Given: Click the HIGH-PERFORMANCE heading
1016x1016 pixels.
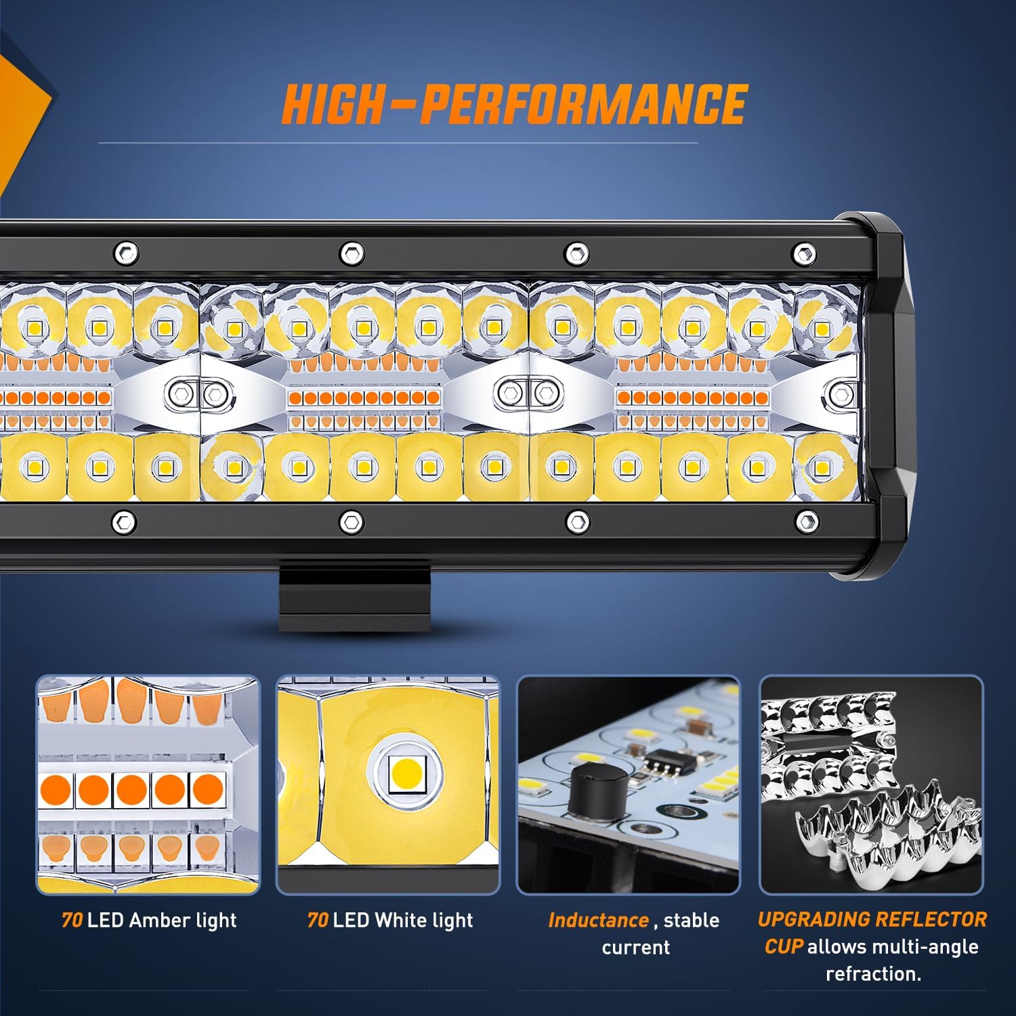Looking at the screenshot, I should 514,104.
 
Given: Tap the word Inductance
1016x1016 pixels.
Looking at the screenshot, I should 598,920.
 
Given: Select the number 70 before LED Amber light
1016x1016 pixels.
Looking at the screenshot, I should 71,920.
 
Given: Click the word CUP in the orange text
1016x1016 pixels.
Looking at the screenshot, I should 784,946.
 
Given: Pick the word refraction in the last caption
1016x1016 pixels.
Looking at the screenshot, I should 872,973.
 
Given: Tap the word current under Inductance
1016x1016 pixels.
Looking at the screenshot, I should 635,947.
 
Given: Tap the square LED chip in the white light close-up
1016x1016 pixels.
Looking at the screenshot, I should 406,772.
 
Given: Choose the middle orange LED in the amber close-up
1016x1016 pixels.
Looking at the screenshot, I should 131,789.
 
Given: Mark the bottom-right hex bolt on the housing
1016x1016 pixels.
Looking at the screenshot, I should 806,522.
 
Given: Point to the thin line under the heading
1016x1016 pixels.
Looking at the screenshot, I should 398,143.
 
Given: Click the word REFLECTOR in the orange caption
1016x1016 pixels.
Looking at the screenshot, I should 929,919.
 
